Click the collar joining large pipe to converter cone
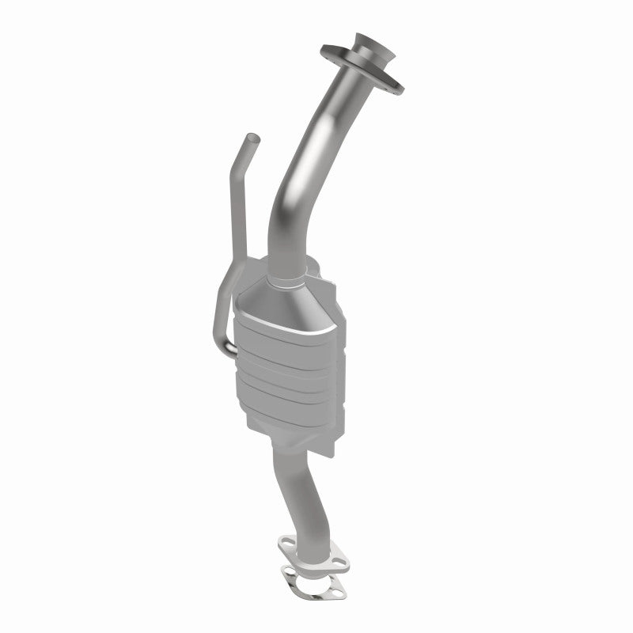click(x=286, y=282)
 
